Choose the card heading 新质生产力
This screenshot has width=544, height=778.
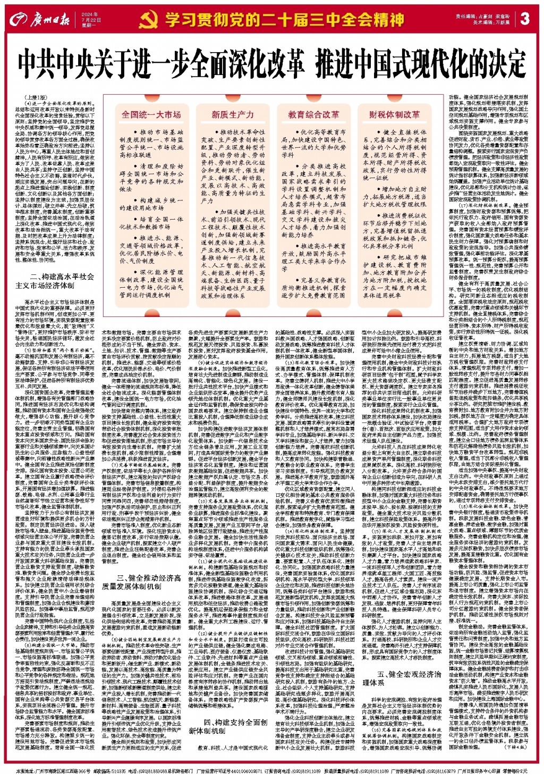click(x=232, y=114)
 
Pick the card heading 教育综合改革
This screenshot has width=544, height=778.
click(x=313, y=114)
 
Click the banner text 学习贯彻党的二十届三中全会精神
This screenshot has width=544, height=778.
click(x=284, y=20)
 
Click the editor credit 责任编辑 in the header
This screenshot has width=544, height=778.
click(x=466, y=16)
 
